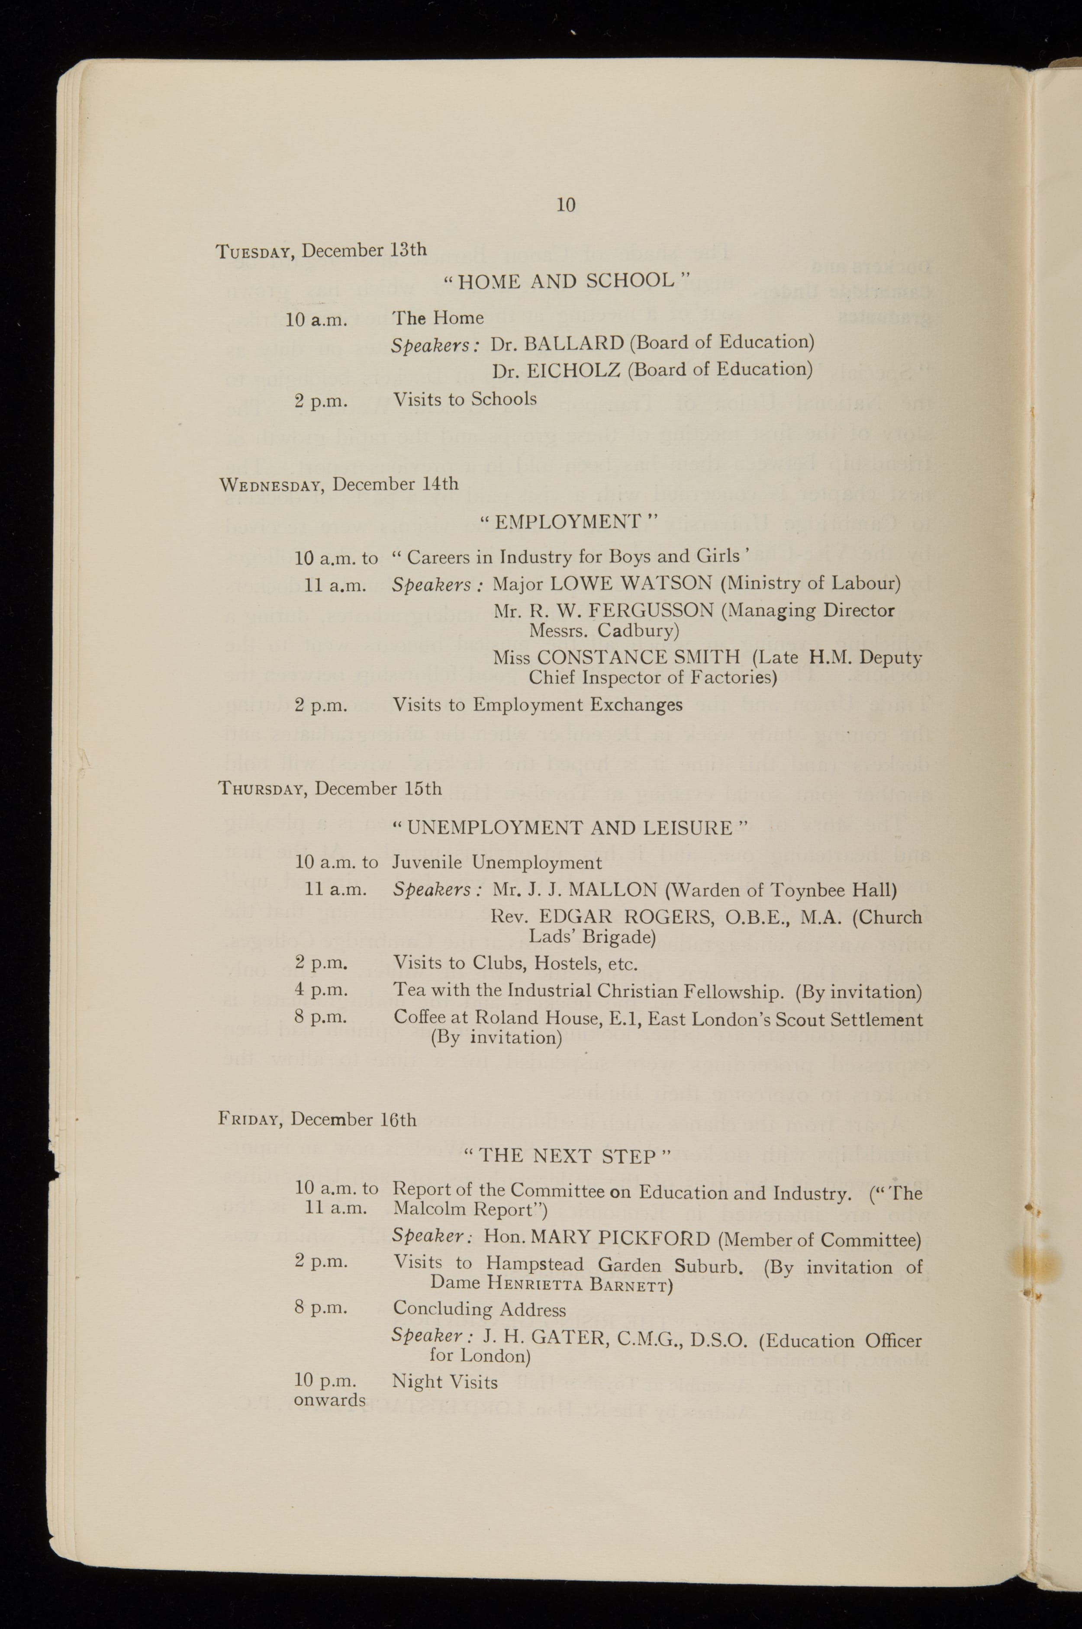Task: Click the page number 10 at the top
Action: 565,204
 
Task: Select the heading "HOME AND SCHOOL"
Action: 566,281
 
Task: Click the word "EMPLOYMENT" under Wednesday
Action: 568,522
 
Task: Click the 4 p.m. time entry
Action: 321,990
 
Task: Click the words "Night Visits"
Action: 444,1382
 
